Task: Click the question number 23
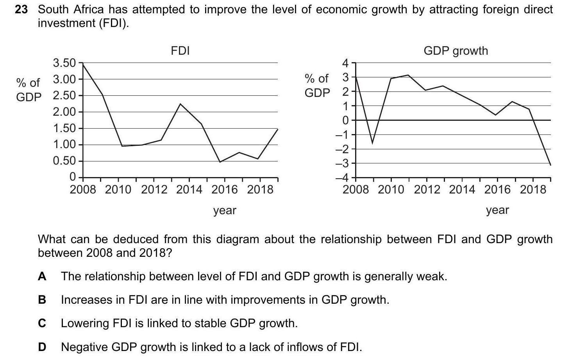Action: pos(21,10)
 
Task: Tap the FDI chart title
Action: pos(180,51)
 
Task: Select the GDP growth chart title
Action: pos(456,51)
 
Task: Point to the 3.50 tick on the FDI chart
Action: pos(64,63)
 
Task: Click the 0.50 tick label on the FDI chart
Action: pos(64,161)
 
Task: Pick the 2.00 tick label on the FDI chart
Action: pos(64,112)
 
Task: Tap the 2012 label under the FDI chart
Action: pos(154,190)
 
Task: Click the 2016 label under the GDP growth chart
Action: pos(497,190)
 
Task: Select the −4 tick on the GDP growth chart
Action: pos(343,178)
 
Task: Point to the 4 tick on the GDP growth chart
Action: pos(345,63)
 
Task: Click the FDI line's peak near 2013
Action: pos(180,104)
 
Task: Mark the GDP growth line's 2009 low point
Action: pos(372,143)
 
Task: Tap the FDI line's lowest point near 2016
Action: pos(220,162)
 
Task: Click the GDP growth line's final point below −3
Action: pos(550,165)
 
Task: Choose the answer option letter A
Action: pos(42,277)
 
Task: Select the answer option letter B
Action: pos(42,300)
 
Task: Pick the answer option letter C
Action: pos(42,324)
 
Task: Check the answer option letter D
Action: pos(42,347)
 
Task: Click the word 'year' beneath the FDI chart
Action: pos(225,211)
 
